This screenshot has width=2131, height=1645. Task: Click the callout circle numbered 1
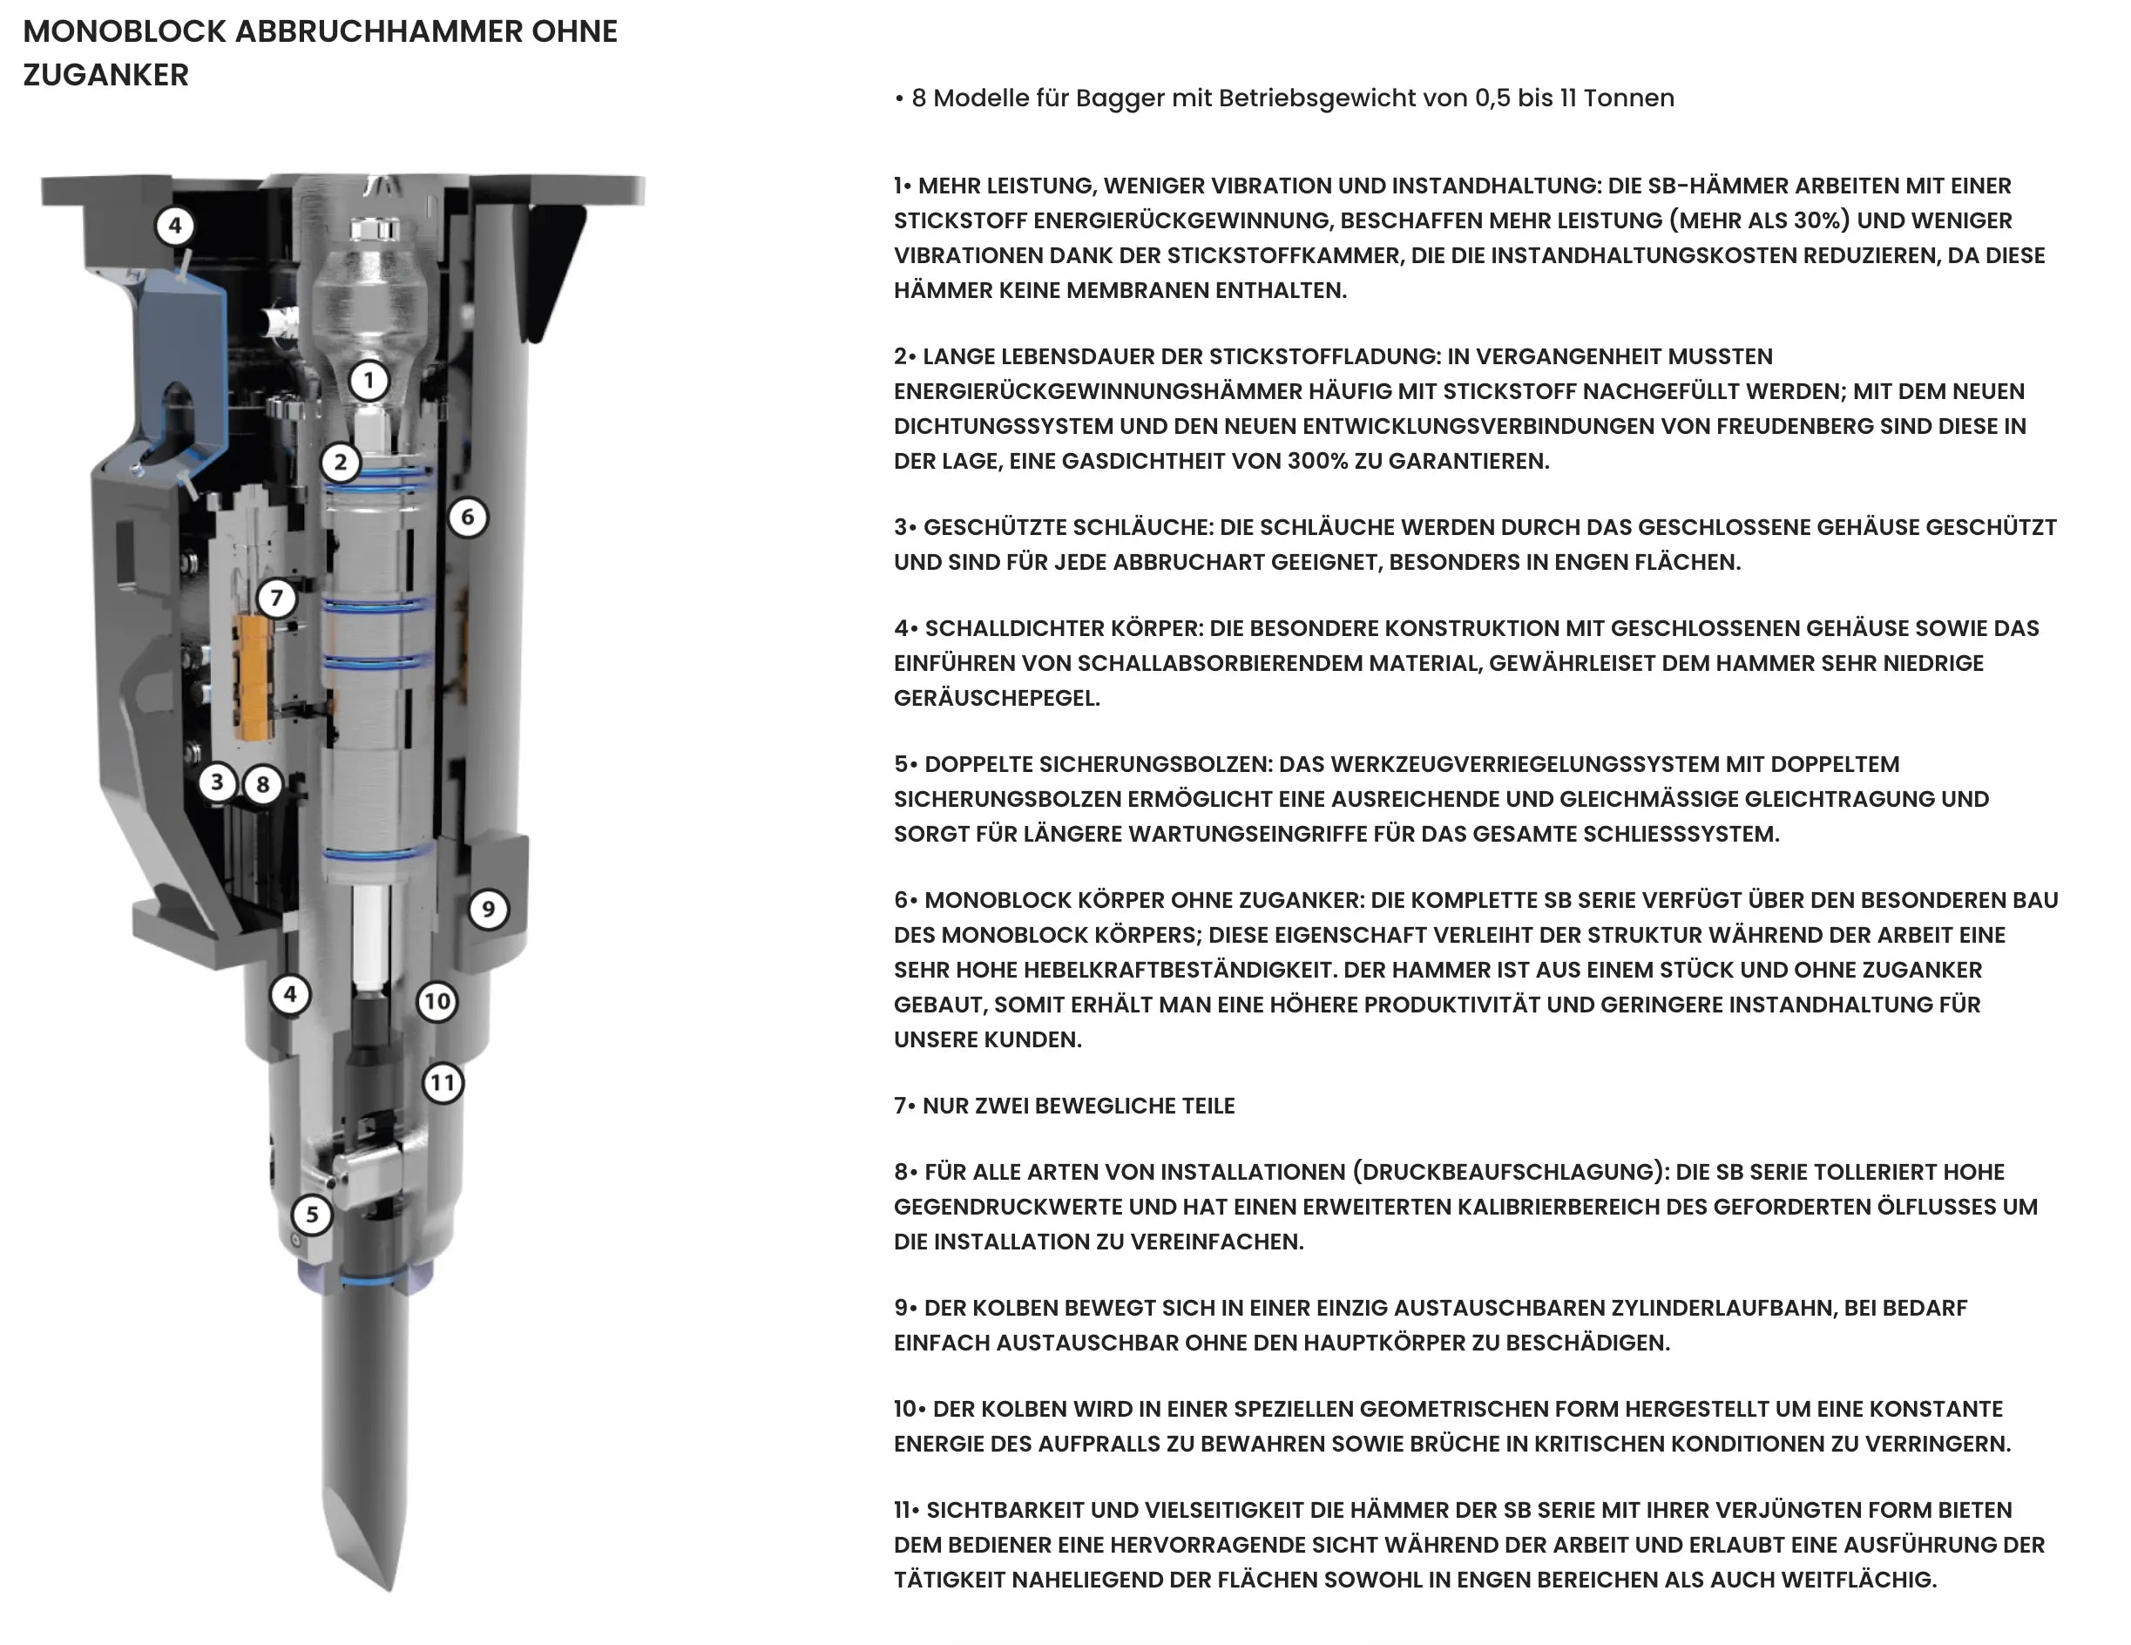point(368,381)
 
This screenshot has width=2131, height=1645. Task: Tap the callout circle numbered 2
point(341,462)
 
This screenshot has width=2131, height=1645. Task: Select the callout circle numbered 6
point(467,517)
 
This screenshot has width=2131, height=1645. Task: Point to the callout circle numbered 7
point(277,597)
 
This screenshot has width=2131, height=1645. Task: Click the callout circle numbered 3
point(218,782)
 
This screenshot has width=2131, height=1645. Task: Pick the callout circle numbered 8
point(262,784)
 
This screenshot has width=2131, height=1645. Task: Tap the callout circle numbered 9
point(488,910)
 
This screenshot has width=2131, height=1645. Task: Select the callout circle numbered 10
point(437,1001)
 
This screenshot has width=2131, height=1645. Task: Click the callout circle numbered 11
point(443,1083)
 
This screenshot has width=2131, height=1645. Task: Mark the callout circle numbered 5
point(312,1215)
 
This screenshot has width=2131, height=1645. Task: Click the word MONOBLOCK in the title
point(125,31)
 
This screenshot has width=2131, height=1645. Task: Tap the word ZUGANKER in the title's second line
point(105,74)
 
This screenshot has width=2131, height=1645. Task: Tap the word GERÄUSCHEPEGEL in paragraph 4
point(996,699)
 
